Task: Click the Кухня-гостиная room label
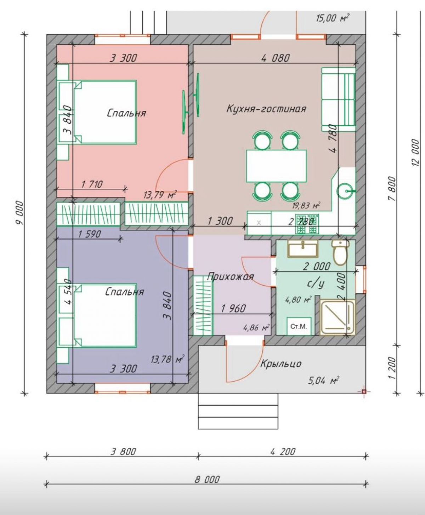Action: [x=266, y=109]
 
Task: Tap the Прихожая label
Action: [x=230, y=276]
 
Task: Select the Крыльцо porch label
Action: [x=281, y=364]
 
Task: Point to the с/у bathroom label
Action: [x=316, y=284]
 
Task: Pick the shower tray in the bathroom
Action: [x=338, y=317]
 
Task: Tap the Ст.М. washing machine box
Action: [x=299, y=327]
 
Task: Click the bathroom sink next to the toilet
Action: [x=303, y=248]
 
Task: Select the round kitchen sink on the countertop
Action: [x=345, y=191]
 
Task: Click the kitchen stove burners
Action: [x=306, y=224]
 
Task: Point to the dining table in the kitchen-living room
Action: [x=276, y=166]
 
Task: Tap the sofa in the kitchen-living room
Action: [x=338, y=99]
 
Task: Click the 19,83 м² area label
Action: [x=306, y=205]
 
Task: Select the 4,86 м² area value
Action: [x=256, y=327]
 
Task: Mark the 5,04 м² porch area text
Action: [x=323, y=380]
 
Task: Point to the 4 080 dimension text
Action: [x=276, y=58]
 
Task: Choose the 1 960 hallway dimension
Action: [x=233, y=308]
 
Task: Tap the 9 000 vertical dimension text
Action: [x=19, y=213]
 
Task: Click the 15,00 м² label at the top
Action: [x=333, y=18]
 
